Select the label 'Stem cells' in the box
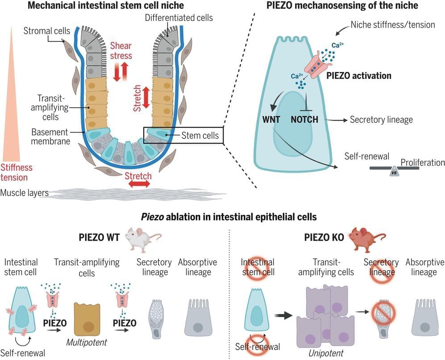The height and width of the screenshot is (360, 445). (x=200, y=135)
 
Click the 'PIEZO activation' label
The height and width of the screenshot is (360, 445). (x=359, y=75)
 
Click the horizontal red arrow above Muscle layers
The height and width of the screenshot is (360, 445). (x=138, y=184)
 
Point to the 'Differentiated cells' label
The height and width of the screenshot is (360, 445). (x=179, y=18)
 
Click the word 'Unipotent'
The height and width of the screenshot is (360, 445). (x=325, y=352)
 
